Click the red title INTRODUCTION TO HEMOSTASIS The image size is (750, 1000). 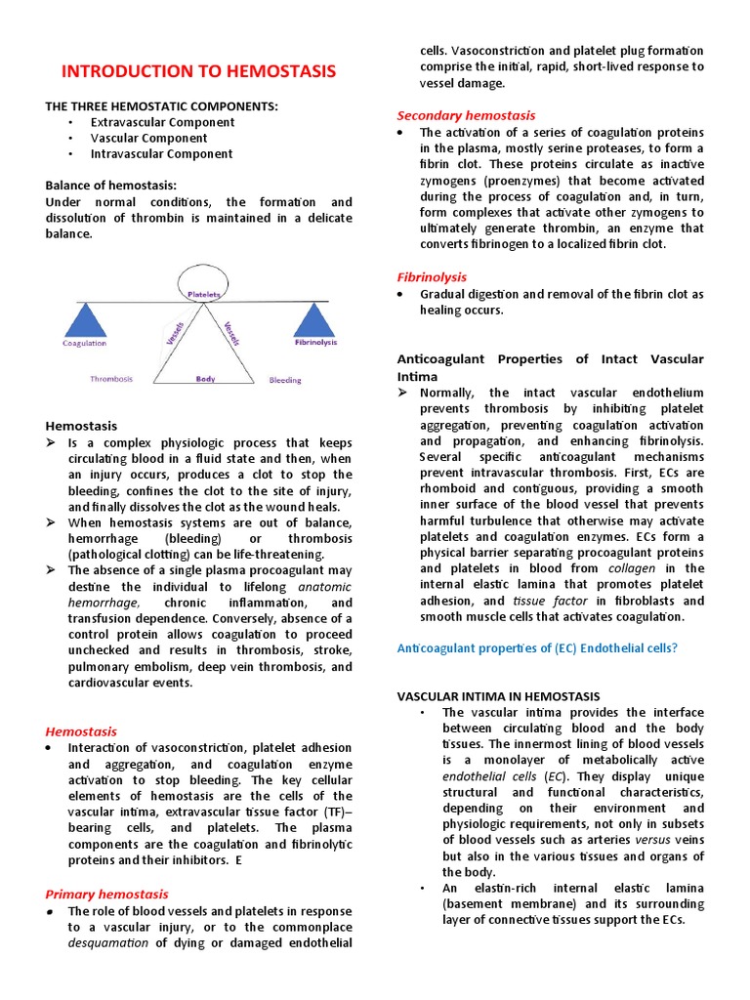click(x=198, y=71)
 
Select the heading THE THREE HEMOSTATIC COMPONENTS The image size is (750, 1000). click(x=162, y=105)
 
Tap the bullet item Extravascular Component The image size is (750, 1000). click(x=162, y=122)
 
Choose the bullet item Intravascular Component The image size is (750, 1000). click(x=161, y=153)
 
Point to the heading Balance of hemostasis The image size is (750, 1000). click(x=111, y=185)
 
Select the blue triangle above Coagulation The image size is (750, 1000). click(x=85, y=320)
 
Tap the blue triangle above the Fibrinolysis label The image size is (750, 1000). click(x=314, y=320)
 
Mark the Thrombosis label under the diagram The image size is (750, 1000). click(x=111, y=379)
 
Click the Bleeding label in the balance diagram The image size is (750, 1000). click(x=285, y=380)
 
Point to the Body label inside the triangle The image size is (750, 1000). click(x=205, y=378)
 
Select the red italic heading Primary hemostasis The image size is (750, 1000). click(x=106, y=894)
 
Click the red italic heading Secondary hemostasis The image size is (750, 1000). click(x=466, y=115)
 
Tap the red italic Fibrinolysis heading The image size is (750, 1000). click(x=432, y=277)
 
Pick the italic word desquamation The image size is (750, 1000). click(x=108, y=943)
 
